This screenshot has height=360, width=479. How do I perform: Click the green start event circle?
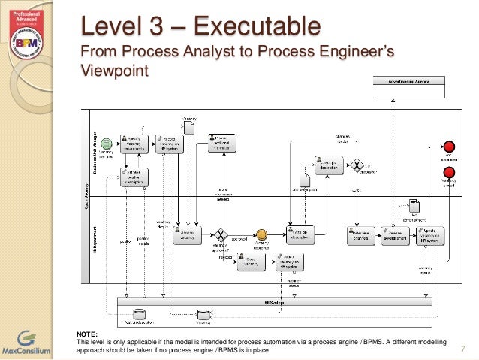[107, 144]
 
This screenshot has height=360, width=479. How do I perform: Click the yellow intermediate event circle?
[261, 234]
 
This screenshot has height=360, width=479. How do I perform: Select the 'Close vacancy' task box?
[251, 260]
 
